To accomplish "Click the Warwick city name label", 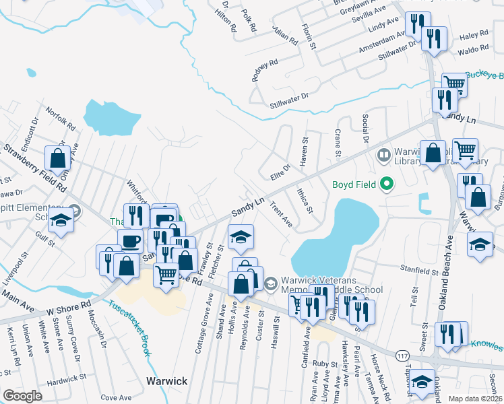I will (x=167, y=381).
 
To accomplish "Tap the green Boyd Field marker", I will (x=386, y=183).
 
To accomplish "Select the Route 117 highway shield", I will (x=402, y=355).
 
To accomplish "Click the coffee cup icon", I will (x=130, y=240).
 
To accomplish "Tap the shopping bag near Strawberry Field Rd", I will (x=58, y=158).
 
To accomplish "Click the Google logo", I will (x=22, y=396).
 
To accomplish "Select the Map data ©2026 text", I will (x=475, y=399).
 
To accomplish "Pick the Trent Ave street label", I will (x=281, y=213).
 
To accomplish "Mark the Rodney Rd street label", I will (x=264, y=70).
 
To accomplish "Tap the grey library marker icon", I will (x=383, y=156).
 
